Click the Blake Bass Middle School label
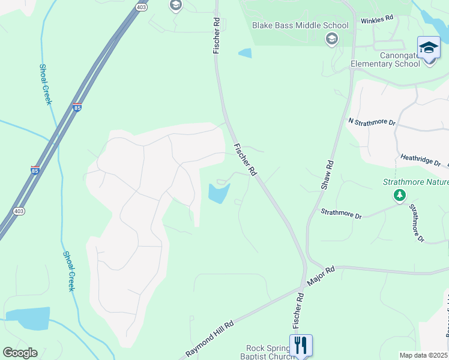[x=300, y=26]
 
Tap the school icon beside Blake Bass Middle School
[x=331, y=39]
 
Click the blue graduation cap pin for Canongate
[x=429, y=47]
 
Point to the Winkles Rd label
[x=376, y=20]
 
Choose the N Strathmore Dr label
[x=372, y=121]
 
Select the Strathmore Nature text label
[x=415, y=182]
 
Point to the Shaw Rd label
[x=327, y=175]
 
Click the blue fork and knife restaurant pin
[x=301, y=345]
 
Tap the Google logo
[x=20, y=353]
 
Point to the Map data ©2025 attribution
[x=423, y=355]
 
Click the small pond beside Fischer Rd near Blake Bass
[x=245, y=53]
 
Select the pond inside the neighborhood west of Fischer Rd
[x=218, y=193]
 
